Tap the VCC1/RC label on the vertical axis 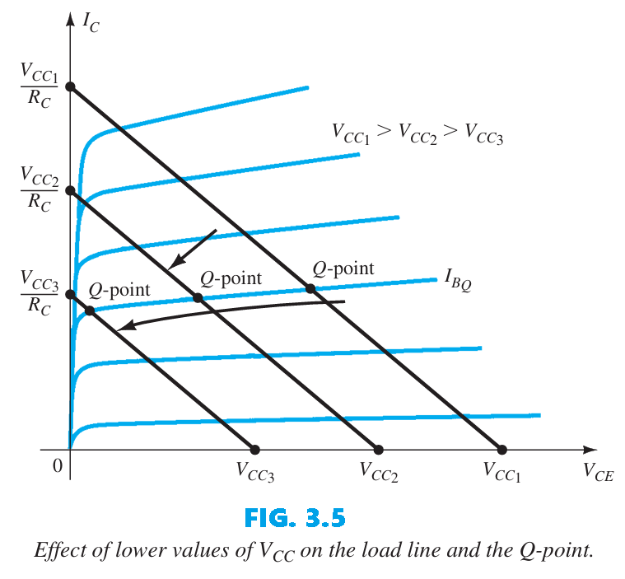tap(40, 86)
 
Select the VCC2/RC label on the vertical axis tap(40, 189)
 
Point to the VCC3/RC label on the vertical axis tap(40, 294)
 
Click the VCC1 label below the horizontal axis tap(502, 472)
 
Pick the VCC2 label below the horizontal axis tap(379, 472)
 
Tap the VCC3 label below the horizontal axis tap(254, 472)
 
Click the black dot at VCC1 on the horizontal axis tap(502, 450)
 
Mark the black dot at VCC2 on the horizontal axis tap(379, 450)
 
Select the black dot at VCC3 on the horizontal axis tap(254, 450)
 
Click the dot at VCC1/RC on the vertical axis tap(70, 86)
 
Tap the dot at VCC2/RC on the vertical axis tap(70, 190)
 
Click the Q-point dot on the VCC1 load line tap(310, 288)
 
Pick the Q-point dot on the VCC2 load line tap(198, 297)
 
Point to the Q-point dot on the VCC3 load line tap(89, 311)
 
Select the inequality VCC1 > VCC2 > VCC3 tap(417, 133)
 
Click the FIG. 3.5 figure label tap(295, 518)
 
